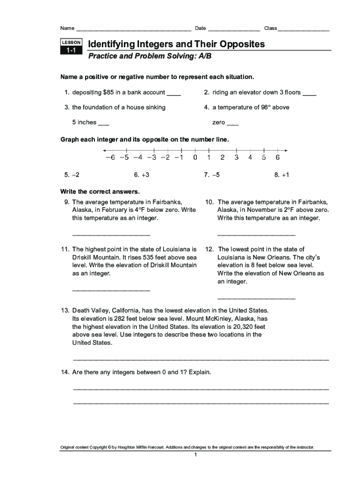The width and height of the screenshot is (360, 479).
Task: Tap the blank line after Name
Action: point(133,29)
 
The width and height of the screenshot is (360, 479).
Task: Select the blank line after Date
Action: point(234,29)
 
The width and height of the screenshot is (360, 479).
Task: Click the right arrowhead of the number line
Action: point(286,150)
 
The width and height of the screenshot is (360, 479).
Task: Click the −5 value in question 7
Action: point(216,174)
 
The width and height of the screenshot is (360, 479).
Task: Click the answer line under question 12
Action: point(256,298)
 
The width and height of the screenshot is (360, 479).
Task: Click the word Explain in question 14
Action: point(200,372)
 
